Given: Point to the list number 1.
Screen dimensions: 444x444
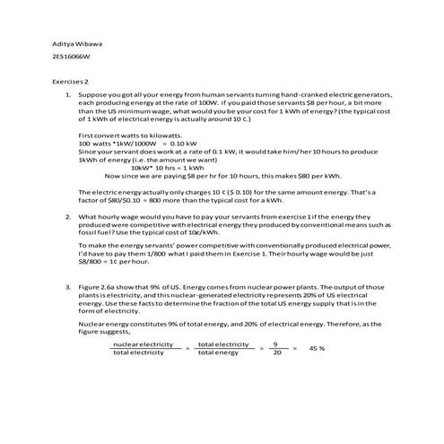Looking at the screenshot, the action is coord(69,93).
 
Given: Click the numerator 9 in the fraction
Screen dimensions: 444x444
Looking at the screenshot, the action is coord(276,344).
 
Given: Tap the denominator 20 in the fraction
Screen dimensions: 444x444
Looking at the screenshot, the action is coord(277,353).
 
